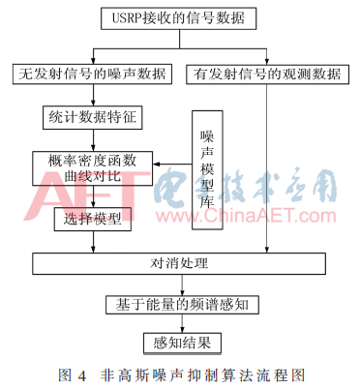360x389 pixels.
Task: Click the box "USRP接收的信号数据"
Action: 179,18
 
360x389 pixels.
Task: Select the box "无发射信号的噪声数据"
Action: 92,75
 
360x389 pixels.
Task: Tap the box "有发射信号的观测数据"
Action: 267,75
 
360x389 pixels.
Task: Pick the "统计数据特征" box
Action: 93,117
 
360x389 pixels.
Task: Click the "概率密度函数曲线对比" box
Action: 93,168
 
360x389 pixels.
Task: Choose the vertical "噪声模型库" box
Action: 207,170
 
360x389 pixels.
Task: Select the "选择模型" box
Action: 93,220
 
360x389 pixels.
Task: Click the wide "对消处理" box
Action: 179,263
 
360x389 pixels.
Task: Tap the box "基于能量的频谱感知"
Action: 182,305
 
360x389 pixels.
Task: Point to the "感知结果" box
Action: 182,343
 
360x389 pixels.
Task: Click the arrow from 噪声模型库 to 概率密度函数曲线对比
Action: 172,165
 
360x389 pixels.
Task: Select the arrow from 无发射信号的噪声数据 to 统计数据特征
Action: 93,95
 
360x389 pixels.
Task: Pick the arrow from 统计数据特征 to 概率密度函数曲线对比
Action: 93,140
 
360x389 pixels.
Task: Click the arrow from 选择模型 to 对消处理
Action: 93,242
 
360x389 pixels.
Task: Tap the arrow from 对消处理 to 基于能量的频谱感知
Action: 182,284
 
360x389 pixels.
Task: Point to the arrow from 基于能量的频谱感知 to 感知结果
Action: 182,324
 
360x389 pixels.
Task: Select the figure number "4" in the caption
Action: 82,375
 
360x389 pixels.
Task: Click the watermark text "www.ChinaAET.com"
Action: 246,216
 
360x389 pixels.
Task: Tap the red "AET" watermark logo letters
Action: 87,195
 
